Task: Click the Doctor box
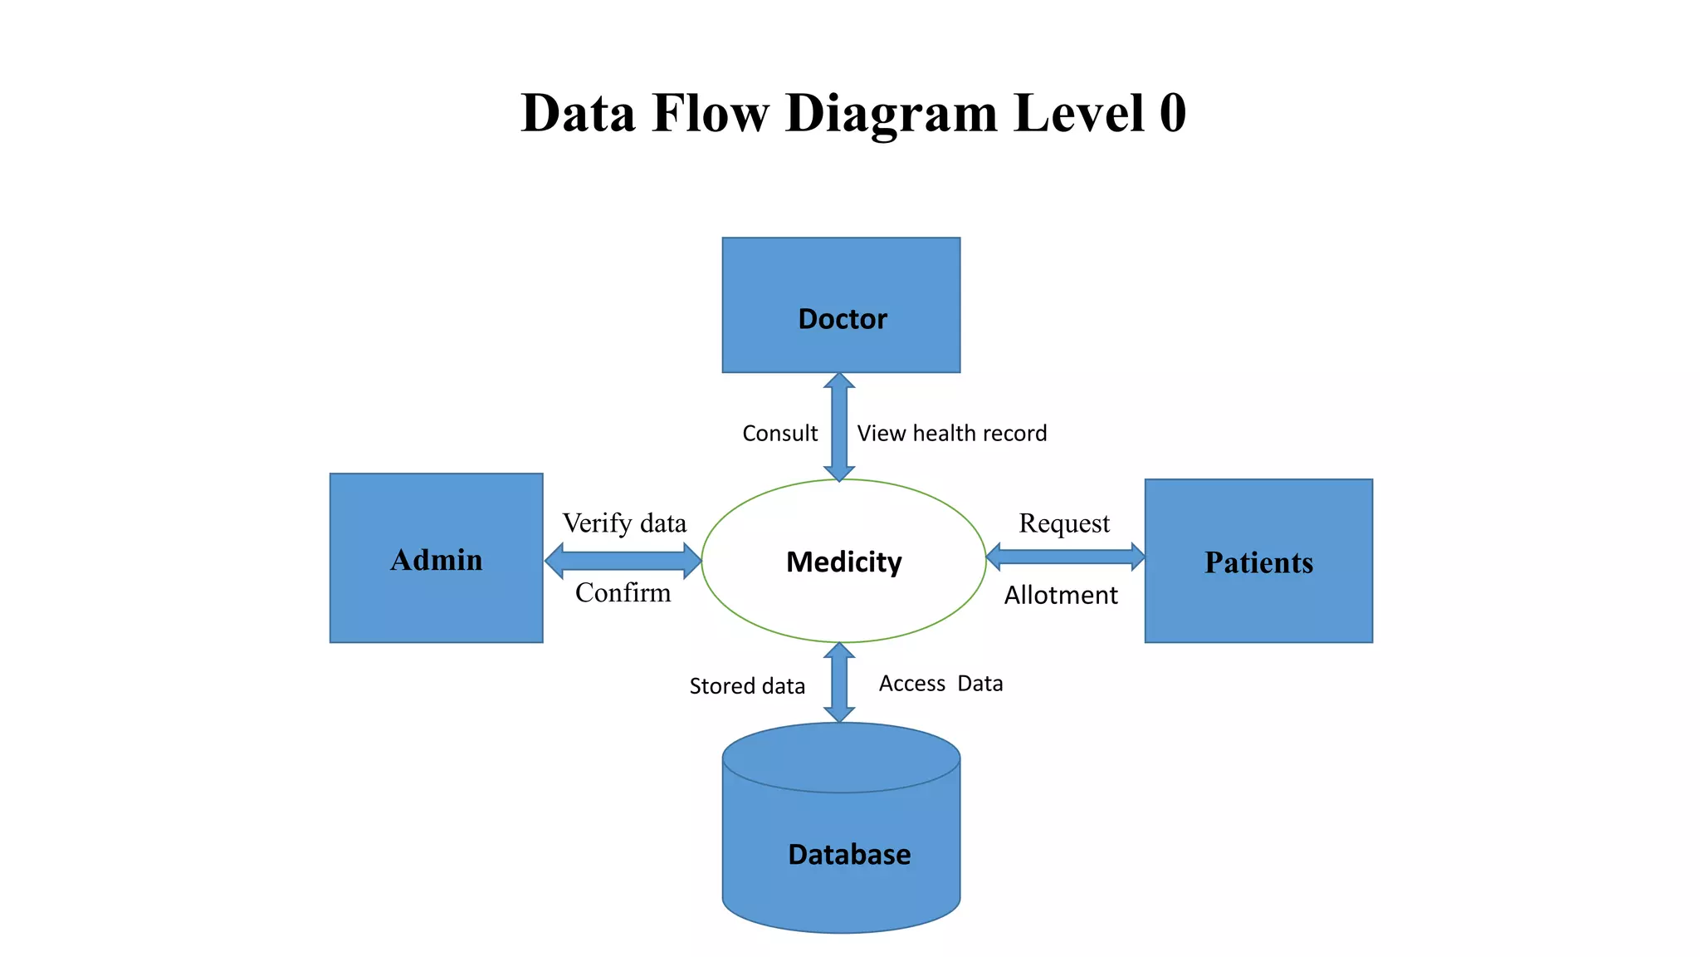[841, 305]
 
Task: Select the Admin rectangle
[436, 558]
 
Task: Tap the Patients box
[1258, 561]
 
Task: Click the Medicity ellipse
[843, 562]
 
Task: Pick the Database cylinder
[841, 839]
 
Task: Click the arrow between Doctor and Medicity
[839, 427]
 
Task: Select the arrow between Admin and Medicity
[623, 561]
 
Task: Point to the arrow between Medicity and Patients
[1065, 557]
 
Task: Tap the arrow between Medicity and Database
[839, 682]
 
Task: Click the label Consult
[779, 434]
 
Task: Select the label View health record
[951, 434]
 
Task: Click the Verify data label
[624, 523]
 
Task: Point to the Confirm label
[623, 593]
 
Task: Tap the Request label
[1064, 523]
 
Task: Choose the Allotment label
[1061, 596]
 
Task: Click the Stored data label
[747, 686]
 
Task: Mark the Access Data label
[940, 684]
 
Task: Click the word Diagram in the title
[891, 113]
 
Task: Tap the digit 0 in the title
[1172, 113]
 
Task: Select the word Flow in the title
[711, 113]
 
